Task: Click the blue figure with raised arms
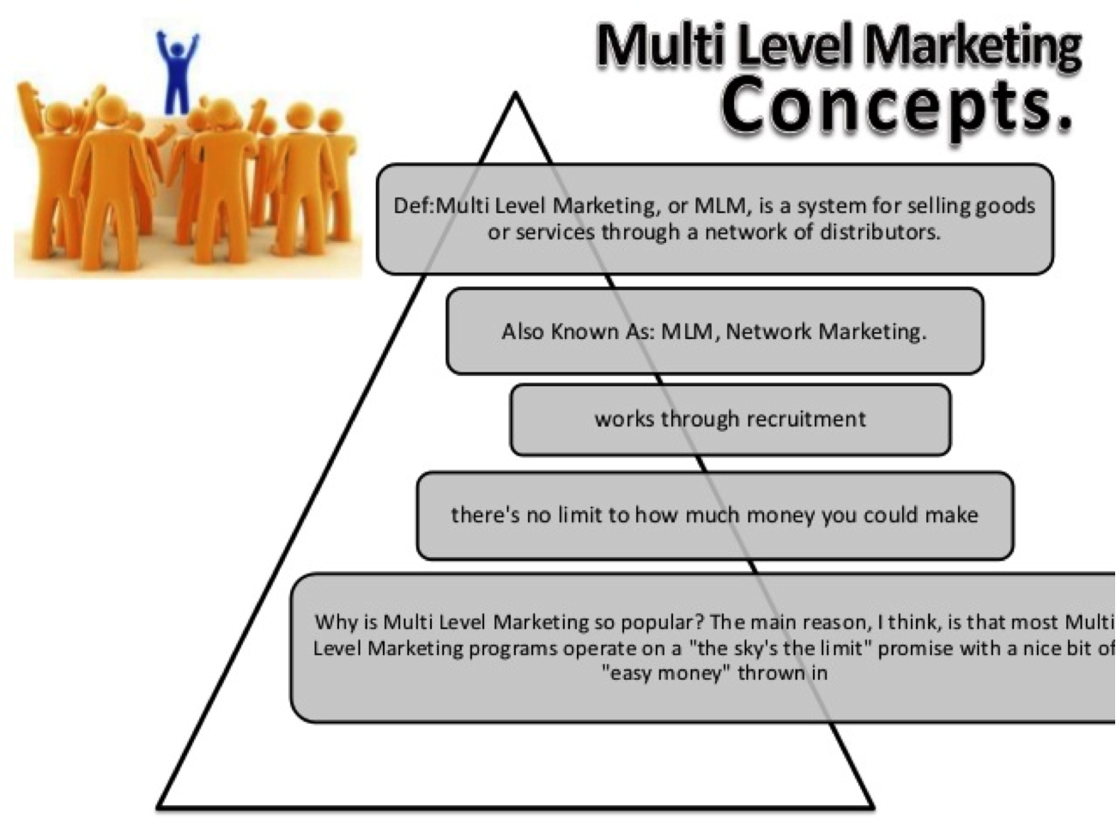(x=177, y=74)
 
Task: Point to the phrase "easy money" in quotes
(x=652, y=673)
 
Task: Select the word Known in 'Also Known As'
(x=585, y=331)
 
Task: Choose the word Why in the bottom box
(x=332, y=622)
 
